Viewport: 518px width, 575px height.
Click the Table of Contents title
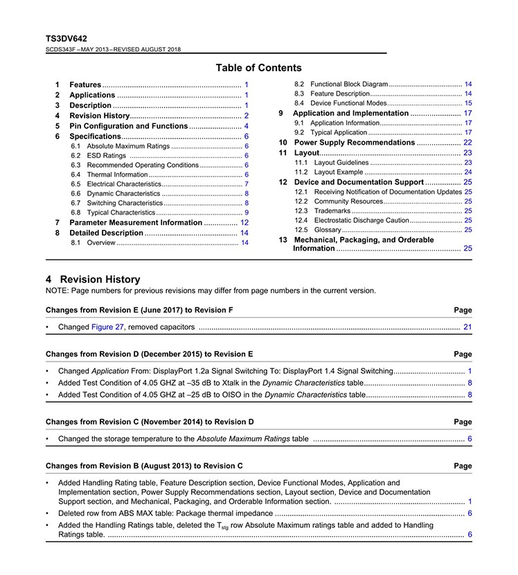point(258,68)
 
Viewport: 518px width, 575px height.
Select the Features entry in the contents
point(85,85)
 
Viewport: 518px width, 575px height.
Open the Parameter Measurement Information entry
point(136,222)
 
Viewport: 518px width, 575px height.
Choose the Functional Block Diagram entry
point(349,84)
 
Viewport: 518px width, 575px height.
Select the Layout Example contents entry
point(338,172)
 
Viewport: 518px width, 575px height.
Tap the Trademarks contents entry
point(332,211)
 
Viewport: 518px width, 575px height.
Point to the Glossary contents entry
point(328,229)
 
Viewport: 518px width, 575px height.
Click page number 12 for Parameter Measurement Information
point(244,222)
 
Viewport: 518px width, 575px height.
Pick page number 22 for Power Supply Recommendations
point(467,142)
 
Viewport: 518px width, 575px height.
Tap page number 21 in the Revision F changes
point(467,327)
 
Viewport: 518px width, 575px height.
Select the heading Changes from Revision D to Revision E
point(149,354)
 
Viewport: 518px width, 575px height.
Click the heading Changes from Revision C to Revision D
point(150,421)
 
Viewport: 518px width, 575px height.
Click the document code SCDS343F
point(60,49)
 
